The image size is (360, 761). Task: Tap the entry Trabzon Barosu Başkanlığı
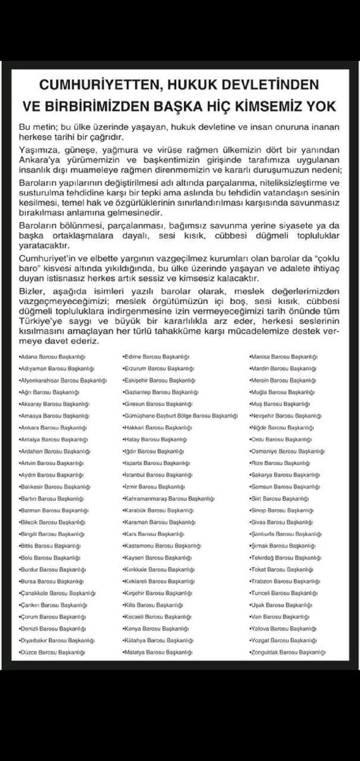coord(280,580)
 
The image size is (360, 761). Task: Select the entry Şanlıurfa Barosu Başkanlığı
coord(283,533)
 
